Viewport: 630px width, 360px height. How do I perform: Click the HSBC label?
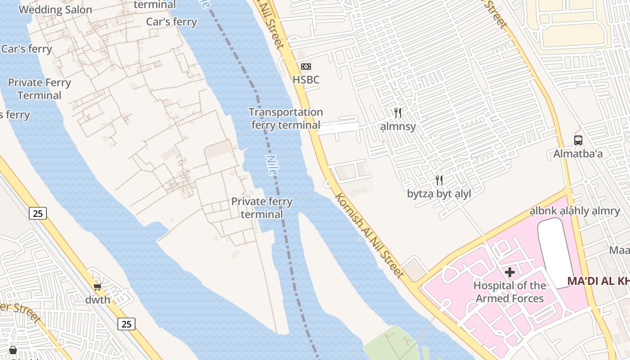(306, 80)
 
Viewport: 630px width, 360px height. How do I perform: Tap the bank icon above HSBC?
(306, 67)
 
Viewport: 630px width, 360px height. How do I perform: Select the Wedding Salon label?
(55, 9)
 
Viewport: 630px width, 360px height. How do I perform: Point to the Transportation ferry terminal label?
(286, 118)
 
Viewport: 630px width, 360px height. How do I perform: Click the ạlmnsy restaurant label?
(398, 126)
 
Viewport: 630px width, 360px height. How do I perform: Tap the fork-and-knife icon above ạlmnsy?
(398, 112)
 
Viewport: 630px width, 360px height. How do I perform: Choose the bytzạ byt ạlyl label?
(439, 194)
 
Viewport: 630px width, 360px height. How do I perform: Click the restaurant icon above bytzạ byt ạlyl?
(439, 180)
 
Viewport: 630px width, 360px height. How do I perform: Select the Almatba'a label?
(578, 153)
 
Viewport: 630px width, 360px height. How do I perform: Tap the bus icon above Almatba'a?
(578, 140)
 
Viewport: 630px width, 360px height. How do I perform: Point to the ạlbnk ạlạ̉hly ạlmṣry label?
(575, 211)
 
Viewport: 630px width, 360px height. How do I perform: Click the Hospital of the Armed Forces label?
(510, 292)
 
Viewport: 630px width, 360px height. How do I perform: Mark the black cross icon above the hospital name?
(510, 272)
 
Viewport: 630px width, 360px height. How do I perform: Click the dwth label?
(98, 300)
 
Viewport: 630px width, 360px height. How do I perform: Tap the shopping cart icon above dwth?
(98, 286)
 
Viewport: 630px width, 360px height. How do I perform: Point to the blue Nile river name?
(272, 165)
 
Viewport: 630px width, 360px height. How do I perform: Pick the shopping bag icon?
(13, 350)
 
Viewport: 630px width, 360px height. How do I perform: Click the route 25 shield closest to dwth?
(126, 324)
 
